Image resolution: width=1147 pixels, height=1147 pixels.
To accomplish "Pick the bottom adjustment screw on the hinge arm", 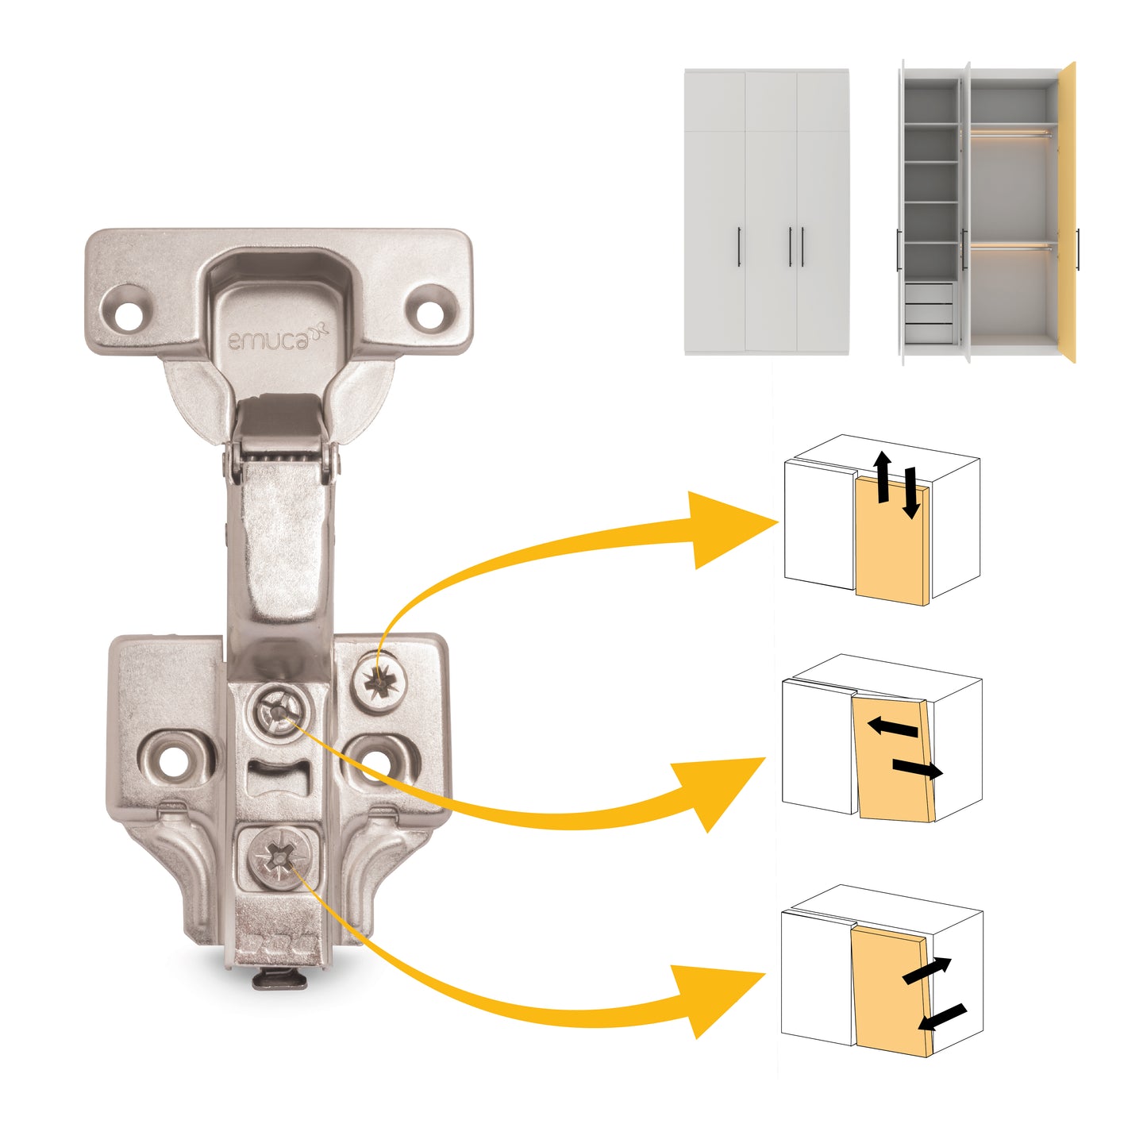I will pos(279,856).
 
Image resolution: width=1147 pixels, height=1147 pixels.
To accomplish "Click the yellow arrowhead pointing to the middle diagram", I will pos(722,794).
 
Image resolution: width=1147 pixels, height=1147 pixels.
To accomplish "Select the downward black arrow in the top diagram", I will pos(910,493).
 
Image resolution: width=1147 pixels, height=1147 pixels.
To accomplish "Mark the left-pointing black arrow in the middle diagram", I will pos(892,726).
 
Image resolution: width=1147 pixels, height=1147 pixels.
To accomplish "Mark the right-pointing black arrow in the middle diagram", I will pos(918,768).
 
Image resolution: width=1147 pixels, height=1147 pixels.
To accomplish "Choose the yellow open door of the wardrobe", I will pos(1067,213).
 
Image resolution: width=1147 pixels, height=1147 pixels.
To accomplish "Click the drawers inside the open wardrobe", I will pos(929,314).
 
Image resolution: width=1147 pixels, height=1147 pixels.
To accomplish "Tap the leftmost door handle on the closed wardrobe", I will pos(740,247).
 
